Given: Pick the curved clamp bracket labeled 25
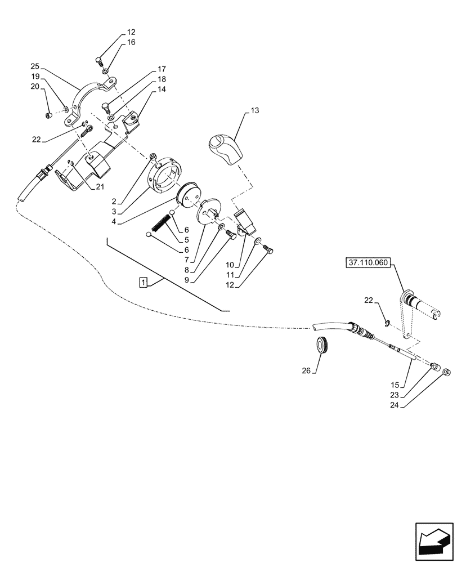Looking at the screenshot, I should coord(93,100).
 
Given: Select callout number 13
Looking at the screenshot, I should coord(255,111).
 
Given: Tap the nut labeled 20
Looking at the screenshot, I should coord(48,116).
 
